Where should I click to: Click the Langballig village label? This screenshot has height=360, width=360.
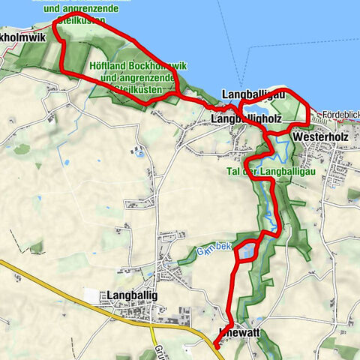tap(133, 295)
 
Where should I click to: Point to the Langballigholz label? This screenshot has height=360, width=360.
tap(244, 119)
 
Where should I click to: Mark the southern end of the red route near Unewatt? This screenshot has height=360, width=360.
tap(215, 346)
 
